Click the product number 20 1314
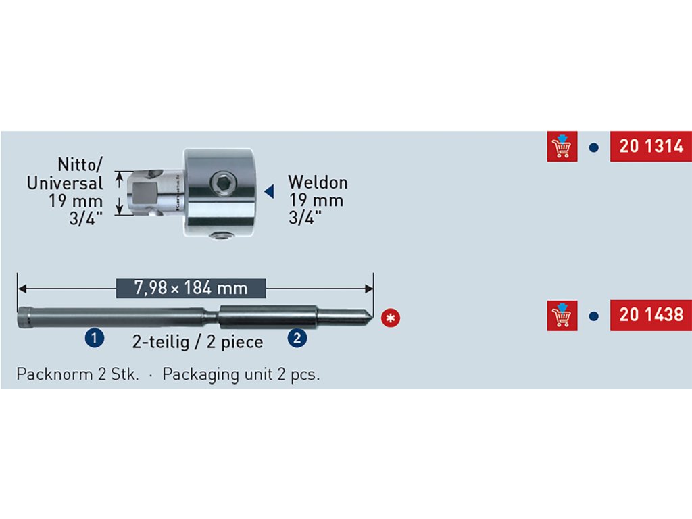click(x=651, y=146)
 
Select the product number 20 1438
click(x=651, y=315)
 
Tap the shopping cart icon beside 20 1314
click(x=562, y=146)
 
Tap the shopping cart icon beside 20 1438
click(x=562, y=315)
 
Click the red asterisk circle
click(x=389, y=317)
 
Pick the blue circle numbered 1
click(x=93, y=337)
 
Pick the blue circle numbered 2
click(x=297, y=337)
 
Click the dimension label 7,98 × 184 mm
click(x=191, y=289)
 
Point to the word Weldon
click(x=318, y=182)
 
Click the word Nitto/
click(x=80, y=164)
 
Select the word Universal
click(x=65, y=182)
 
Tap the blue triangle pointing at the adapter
click(x=268, y=192)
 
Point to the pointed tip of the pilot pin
click(x=371, y=316)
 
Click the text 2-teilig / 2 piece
click(x=198, y=341)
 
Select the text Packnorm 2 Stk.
click(x=77, y=374)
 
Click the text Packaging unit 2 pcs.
click(x=241, y=374)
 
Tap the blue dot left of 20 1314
click(x=594, y=147)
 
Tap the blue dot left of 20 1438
click(x=594, y=316)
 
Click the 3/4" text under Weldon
click(x=305, y=218)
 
